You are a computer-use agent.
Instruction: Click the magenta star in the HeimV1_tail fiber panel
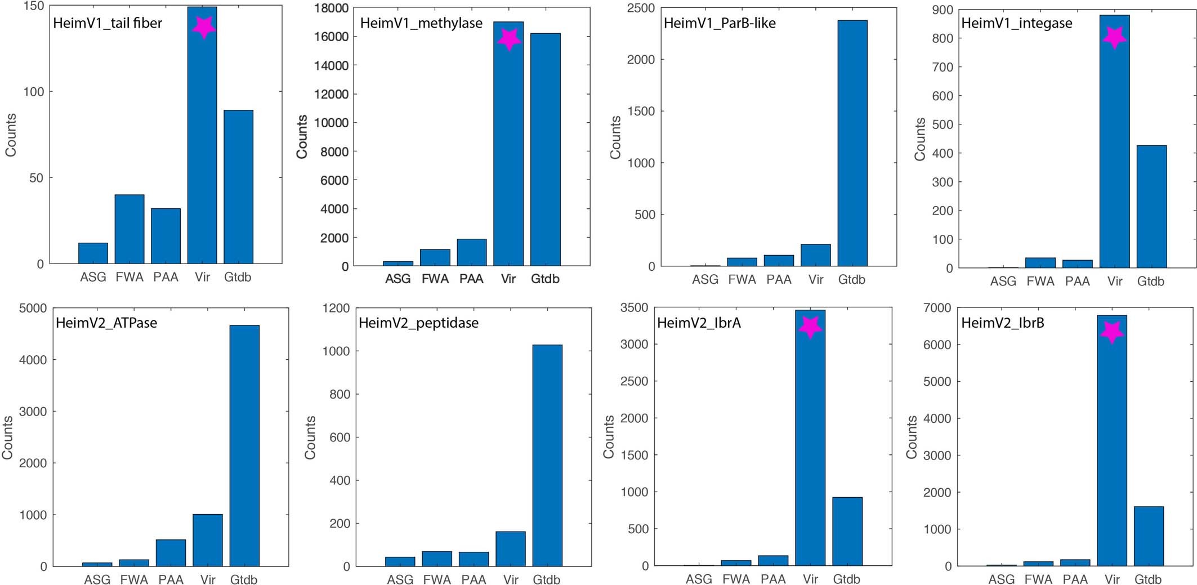203,26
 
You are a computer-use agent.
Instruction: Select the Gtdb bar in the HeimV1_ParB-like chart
852,143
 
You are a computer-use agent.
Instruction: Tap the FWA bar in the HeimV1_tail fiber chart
129,229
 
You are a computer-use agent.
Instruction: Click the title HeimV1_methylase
421,23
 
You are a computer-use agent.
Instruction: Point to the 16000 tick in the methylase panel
331,37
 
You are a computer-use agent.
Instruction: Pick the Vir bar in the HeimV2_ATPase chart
207,540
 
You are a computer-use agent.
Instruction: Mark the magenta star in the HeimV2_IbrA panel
810,327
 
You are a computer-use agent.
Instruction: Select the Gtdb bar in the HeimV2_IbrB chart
1148,536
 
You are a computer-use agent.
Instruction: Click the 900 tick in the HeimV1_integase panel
943,10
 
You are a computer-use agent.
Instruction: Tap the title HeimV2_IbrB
1002,323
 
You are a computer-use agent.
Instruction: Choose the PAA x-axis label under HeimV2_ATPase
171,579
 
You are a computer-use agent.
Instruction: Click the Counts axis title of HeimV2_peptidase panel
310,437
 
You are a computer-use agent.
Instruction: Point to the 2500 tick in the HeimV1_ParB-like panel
641,8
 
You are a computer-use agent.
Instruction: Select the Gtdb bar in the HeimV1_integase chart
1151,207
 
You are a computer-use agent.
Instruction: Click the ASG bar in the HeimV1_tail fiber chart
93,253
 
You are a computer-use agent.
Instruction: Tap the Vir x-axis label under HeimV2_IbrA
810,579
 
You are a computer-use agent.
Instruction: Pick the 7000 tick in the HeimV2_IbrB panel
937,308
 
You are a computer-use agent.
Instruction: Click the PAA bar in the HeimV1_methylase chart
471,252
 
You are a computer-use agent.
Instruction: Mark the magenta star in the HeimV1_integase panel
1114,38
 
